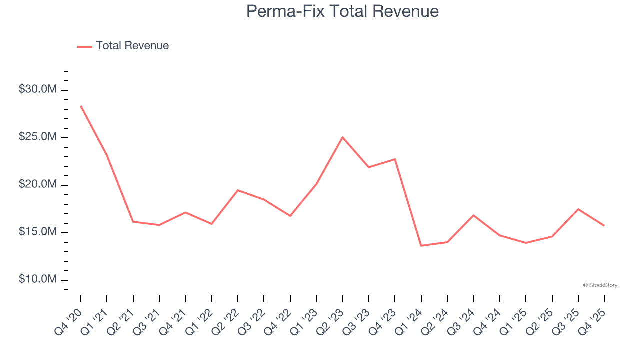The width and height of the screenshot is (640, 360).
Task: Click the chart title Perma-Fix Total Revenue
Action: click(x=342, y=11)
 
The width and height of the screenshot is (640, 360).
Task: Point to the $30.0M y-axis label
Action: click(x=38, y=90)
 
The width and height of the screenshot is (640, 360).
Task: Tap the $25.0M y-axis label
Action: click(x=38, y=137)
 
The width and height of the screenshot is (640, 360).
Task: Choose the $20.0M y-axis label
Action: click(x=38, y=185)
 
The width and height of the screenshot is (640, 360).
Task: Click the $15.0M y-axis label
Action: click(x=38, y=232)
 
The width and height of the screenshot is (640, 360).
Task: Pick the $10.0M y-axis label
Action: click(x=38, y=279)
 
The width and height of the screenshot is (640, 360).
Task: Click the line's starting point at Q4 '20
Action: click(x=81, y=106)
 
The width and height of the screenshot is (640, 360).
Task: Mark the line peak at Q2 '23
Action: click(x=342, y=137)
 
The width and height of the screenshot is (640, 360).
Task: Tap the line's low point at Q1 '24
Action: click(x=421, y=246)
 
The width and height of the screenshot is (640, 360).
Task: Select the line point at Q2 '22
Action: click(x=238, y=190)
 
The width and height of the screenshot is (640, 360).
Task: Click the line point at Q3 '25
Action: click(x=578, y=209)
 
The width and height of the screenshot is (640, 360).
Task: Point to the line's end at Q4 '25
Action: click(x=604, y=225)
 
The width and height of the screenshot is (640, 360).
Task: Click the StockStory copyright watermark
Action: click(x=600, y=285)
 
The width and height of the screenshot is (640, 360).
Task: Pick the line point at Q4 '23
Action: click(x=395, y=159)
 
